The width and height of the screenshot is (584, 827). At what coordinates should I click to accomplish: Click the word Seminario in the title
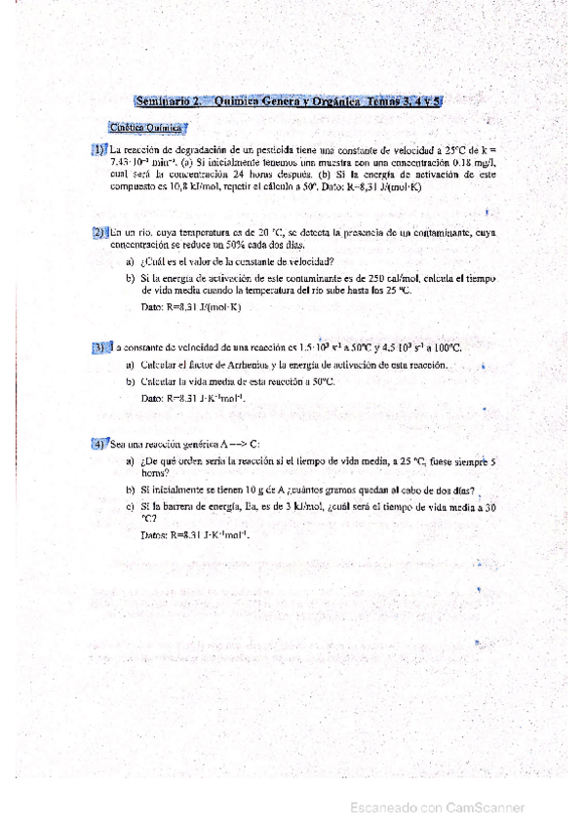pyautogui.click(x=161, y=99)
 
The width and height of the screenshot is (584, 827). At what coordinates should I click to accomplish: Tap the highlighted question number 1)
pyautogui.click(x=98, y=149)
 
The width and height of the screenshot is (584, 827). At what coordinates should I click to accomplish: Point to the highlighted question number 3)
pyautogui.click(x=98, y=347)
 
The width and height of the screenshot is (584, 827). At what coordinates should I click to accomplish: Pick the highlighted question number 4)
pyautogui.click(x=98, y=444)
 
